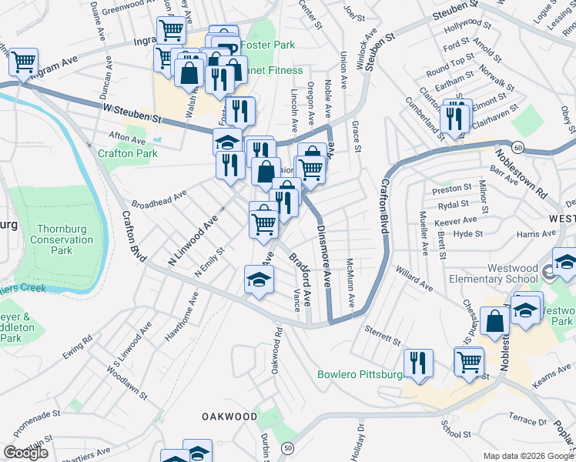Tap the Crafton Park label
click(x=128, y=153)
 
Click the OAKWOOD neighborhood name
click(x=229, y=416)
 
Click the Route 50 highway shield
click(x=288, y=447)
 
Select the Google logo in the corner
click(x=26, y=453)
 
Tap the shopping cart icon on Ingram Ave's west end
click(x=24, y=62)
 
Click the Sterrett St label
click(x=383, y=336)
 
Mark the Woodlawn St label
click(x=127, y=383)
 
